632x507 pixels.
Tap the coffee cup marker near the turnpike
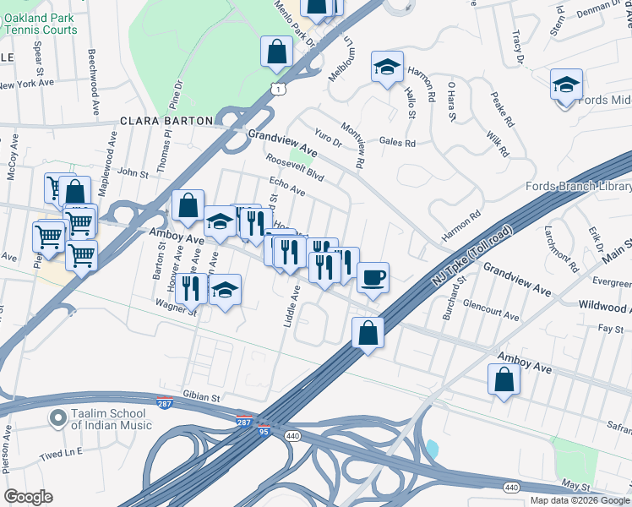tap(373, 277)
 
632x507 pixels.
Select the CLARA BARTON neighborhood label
tap(166, 121)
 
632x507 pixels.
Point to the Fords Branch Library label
tap(578, 187)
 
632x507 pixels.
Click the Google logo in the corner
tap(28, 497)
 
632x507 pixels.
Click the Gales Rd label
tap(397, 143)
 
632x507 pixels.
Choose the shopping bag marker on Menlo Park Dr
tap(276, 52)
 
